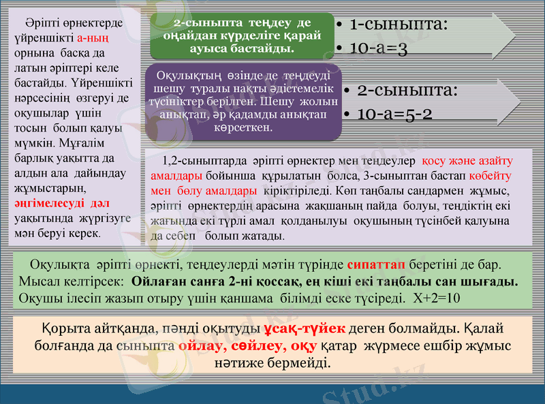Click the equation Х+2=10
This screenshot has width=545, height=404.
tap(437, 298)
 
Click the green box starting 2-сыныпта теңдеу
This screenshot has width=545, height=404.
tap(242, 35)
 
